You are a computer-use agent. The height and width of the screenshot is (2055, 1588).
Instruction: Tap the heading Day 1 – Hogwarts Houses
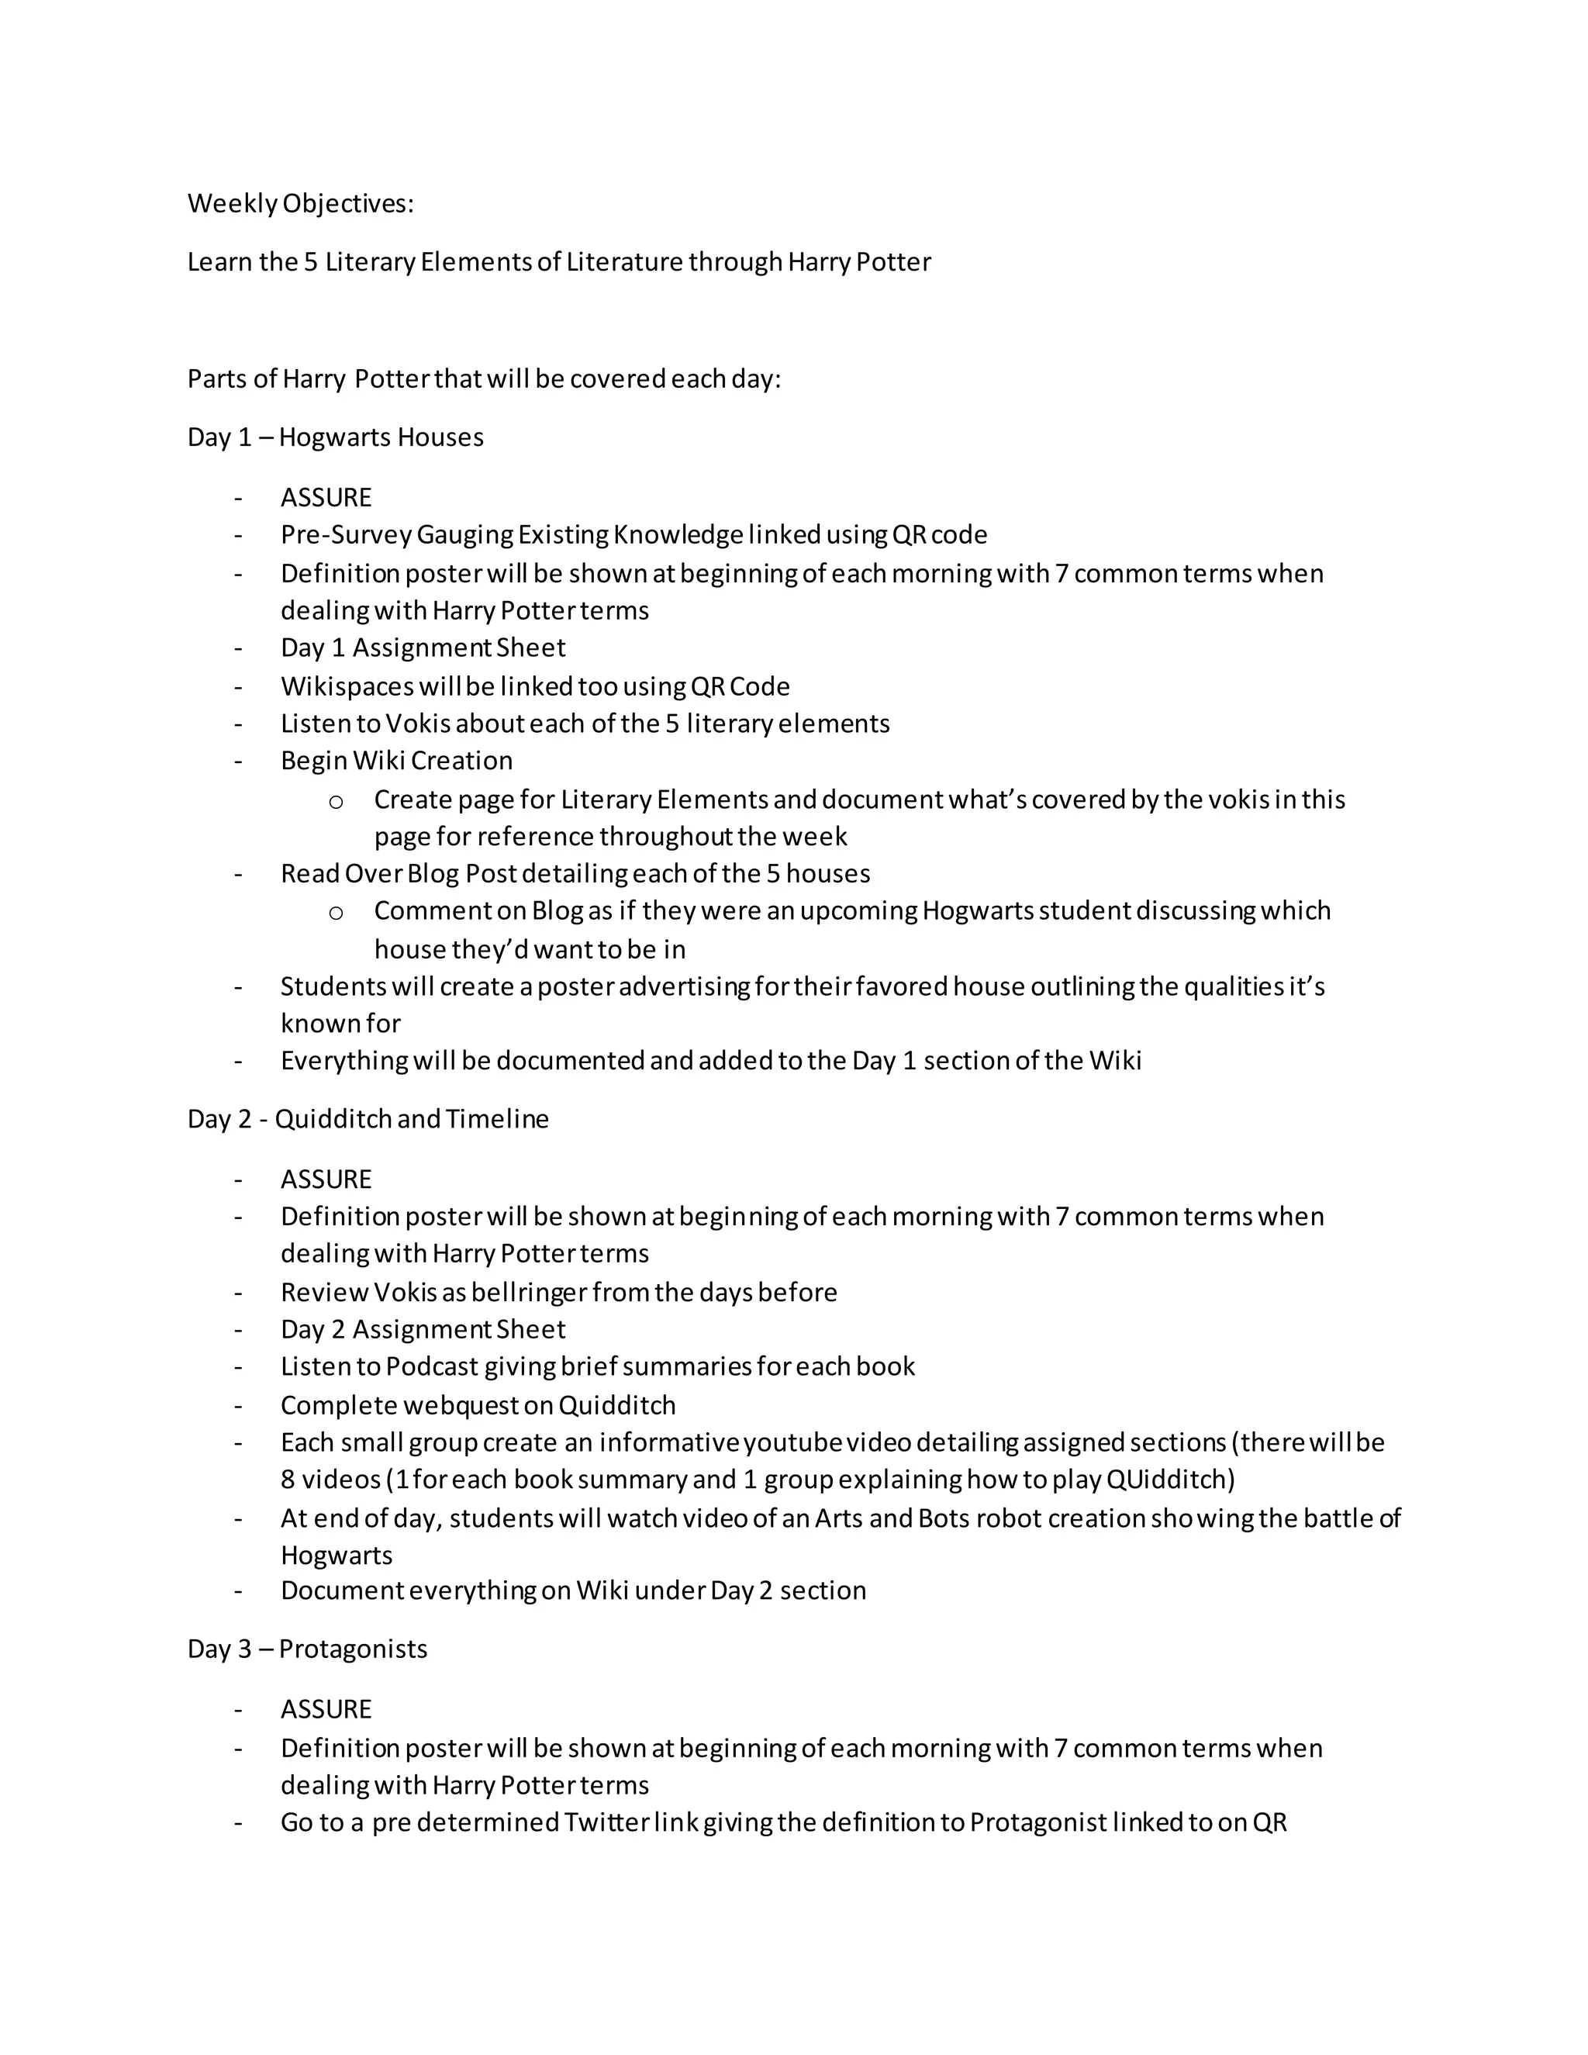point(335,437)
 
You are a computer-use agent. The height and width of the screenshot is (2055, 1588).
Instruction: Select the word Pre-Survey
point(345,535)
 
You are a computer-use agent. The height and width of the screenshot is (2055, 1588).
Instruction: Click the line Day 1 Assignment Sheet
point(423,648)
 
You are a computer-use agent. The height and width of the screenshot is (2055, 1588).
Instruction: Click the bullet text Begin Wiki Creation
point(396,762)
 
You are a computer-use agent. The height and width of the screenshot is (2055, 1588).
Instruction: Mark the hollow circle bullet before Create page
point(336,802)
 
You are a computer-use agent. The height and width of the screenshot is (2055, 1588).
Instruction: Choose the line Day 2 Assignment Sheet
point(423,1329)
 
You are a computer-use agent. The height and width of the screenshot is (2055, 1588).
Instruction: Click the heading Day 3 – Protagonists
point(307,1649)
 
